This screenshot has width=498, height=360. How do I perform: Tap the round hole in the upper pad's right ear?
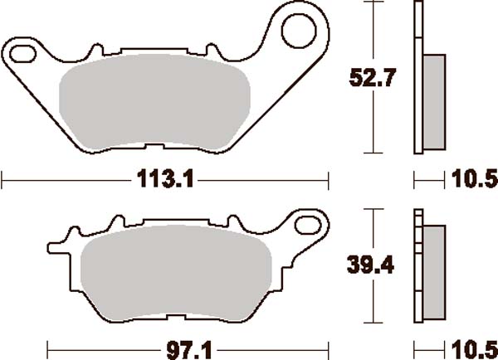[x=296, y=32]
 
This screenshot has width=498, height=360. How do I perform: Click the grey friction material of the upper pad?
[x=158, y=104]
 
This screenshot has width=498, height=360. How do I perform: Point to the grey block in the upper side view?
[x=433, y=101]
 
